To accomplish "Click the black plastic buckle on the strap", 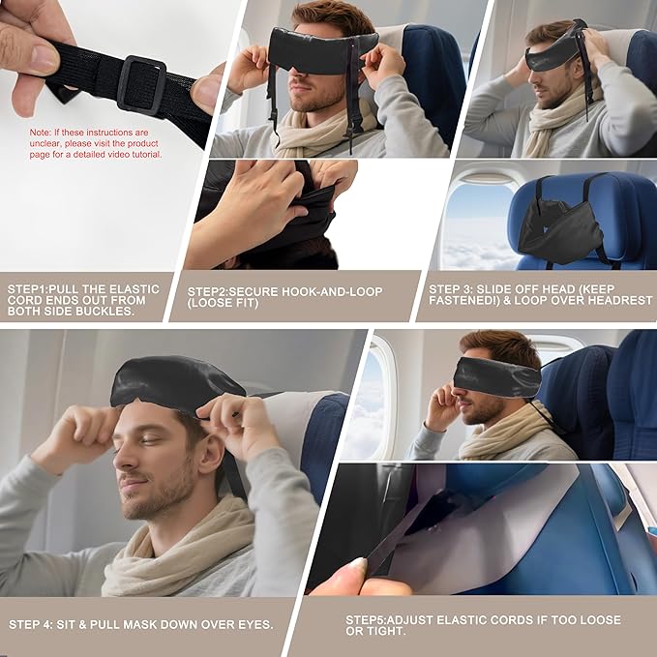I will [142, 85].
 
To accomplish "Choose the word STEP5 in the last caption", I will [366, 619].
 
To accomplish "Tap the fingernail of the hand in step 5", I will [355, 564].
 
